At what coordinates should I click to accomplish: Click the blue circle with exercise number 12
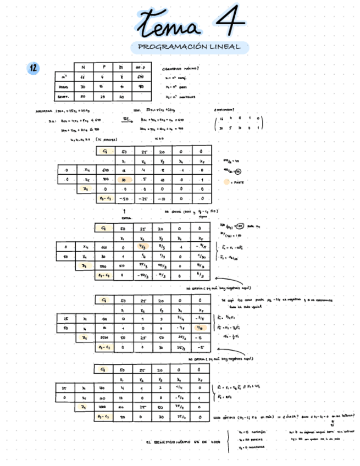click(x=34, y=68)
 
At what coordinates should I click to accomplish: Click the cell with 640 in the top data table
click(x=139, y=77)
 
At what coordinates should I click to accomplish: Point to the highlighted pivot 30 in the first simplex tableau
click(x=124, y=180)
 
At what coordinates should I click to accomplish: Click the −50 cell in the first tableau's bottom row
click(x=124, y=198)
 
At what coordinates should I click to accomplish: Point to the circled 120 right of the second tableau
click(x=239, y=226)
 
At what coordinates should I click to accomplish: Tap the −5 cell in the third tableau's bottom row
click(x=202, y=347)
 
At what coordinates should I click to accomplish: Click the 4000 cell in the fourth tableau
click(x=104, y=407)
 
